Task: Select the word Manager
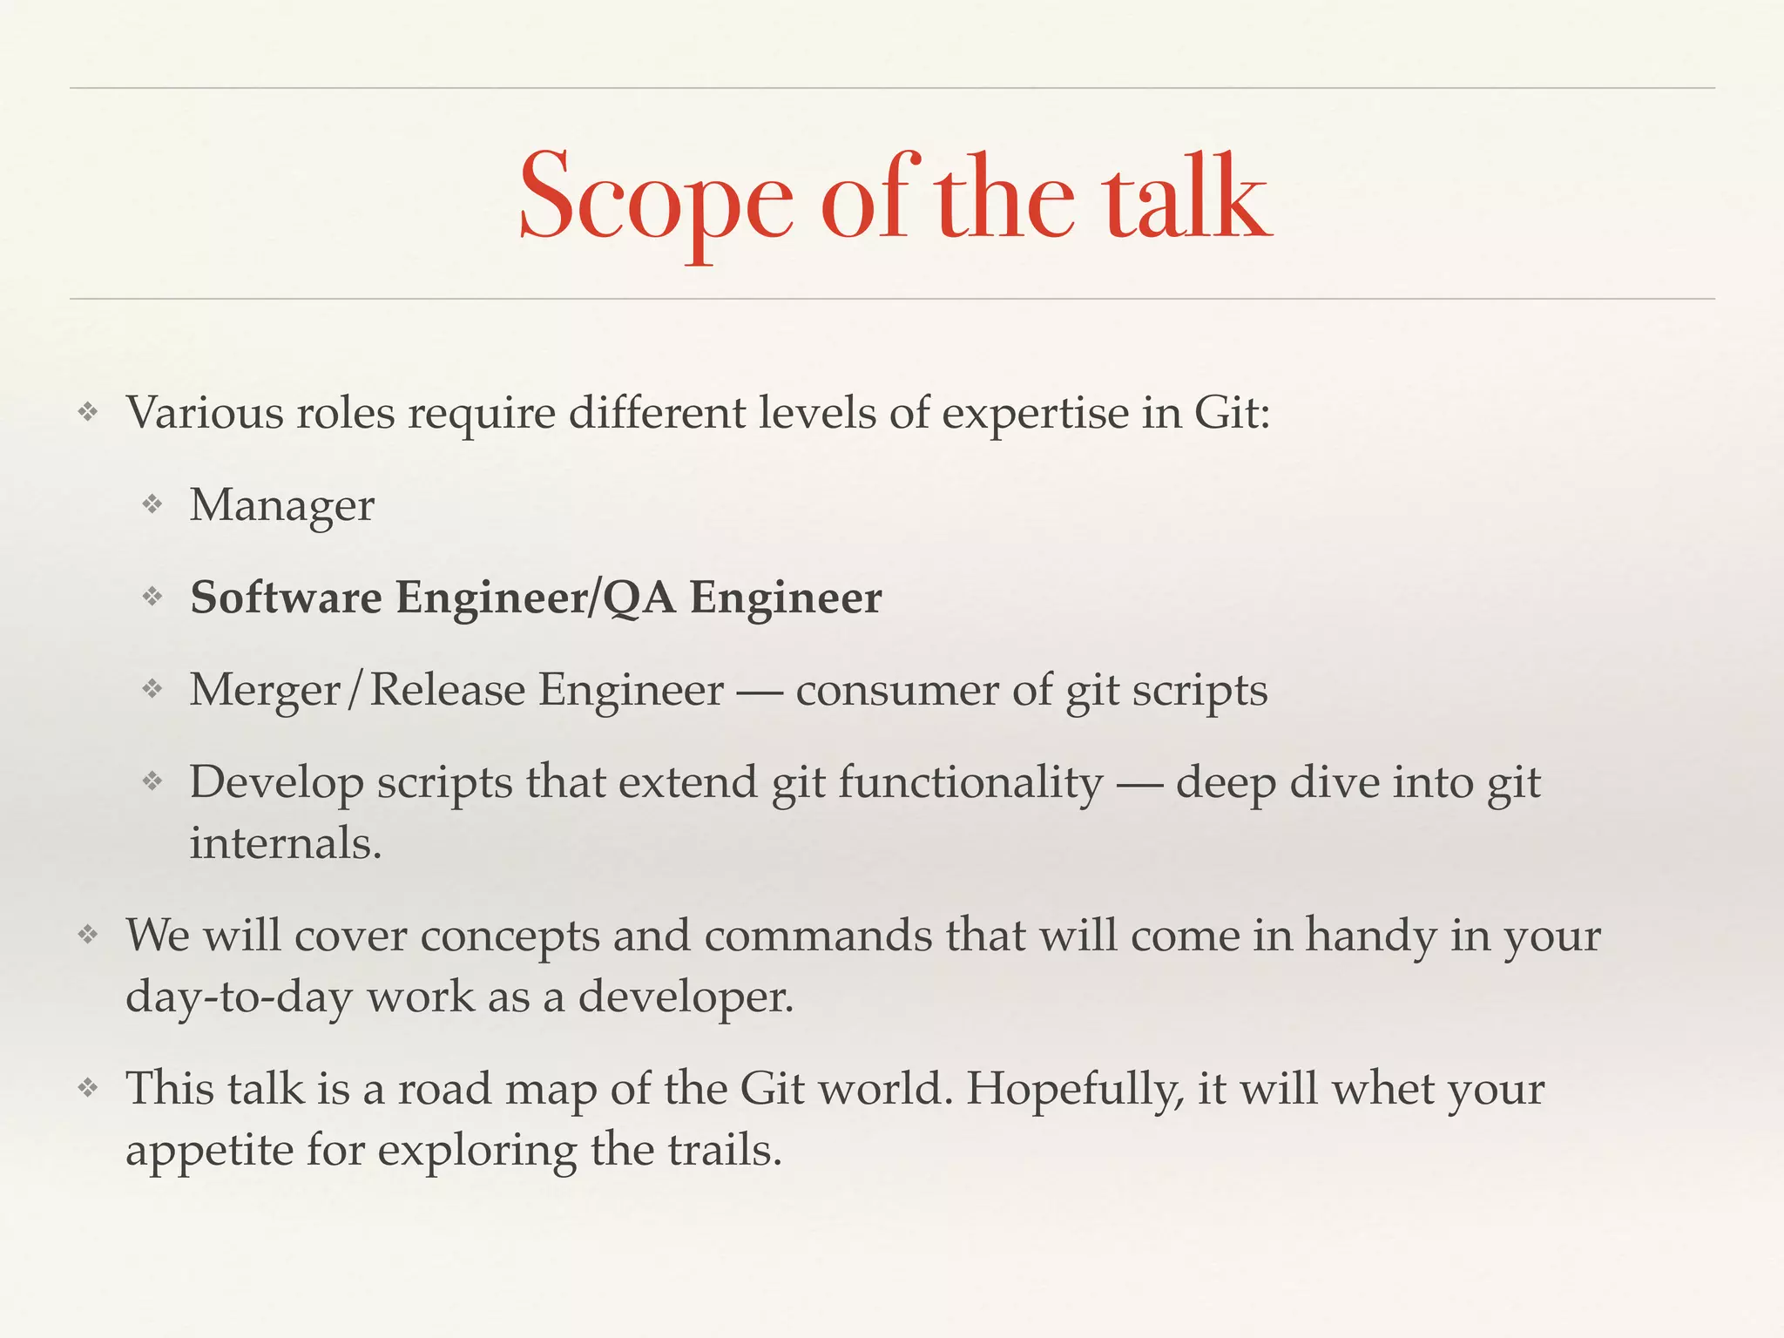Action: pyautogui.click(x=282, y=505)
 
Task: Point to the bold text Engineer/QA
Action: pyautogui.click(x=536, y=598)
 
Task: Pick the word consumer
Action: pyautogui.click(x=896, y=690)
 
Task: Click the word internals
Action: pyautogui.click(x=286, y=843)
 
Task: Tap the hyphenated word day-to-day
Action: pyautogui.click(x=239, y=997)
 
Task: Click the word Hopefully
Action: pyautogui.click(x=1075, y=1090)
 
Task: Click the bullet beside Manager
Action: pyautogui.click(x=153, y=504)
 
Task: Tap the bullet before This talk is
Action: pyautogui.click(x=88, y=1088)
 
